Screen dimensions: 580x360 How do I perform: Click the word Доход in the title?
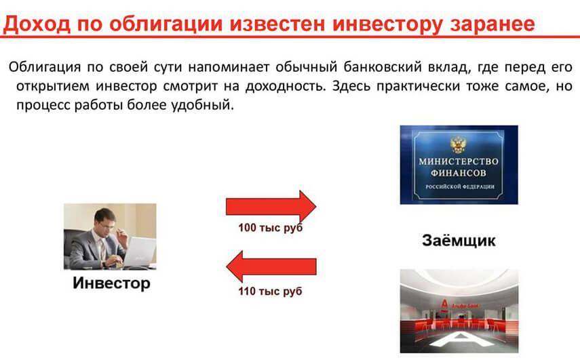point(36,24)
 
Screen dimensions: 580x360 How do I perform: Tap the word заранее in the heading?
point(492,24)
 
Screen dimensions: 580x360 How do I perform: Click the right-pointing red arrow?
point(271,206)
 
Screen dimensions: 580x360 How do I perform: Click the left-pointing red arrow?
point(271,266)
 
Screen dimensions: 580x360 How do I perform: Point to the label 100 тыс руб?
point(271,228)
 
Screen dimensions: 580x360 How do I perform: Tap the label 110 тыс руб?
point(271,292)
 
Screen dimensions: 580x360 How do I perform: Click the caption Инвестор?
point(111,283)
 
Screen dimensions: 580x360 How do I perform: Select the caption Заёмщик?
point(459,240)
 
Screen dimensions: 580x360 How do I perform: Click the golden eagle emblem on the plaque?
point(459,145)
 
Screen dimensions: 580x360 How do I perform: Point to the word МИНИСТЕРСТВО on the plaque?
point(459,161)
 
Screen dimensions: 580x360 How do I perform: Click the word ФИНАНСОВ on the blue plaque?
point(459,173)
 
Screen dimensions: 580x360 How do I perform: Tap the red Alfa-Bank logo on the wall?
point(444,304)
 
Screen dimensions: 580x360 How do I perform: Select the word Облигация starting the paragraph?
point(45,68)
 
